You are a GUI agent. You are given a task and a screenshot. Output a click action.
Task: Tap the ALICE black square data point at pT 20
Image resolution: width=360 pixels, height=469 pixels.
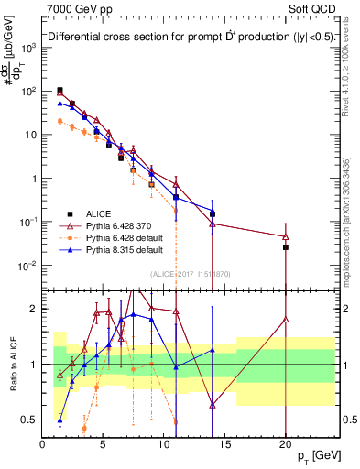[286, 247]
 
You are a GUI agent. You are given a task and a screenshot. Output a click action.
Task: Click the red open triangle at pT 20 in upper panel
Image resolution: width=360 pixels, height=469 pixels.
[286, 236]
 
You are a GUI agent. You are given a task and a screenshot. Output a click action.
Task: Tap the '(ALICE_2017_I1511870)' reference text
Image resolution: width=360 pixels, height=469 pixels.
[189, 273]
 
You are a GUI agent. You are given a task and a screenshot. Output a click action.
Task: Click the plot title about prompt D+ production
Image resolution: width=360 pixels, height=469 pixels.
[191, 38]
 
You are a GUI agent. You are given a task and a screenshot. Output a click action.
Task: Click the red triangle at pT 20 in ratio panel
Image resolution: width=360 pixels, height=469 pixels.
[286, 320]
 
